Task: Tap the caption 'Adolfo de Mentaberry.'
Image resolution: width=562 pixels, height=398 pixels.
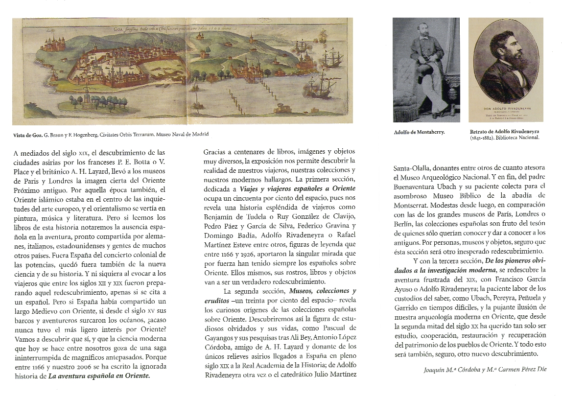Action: click(x=419, y=132)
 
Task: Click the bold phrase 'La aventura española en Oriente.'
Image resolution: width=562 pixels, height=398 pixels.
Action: click(x=99, y=376)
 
